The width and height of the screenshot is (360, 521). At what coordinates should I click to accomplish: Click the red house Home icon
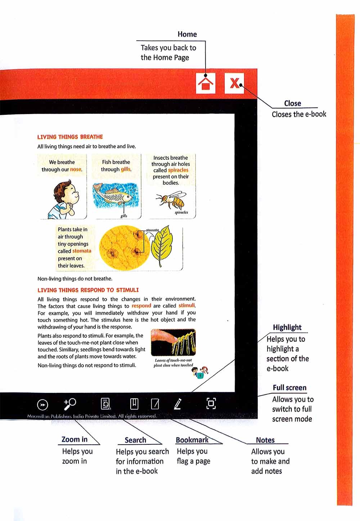206,83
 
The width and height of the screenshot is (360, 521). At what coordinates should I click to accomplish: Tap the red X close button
234,83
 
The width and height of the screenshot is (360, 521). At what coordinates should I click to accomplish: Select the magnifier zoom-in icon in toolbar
69,404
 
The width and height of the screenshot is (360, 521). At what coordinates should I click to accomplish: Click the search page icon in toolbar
105,404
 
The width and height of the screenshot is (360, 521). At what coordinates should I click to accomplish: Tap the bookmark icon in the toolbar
134,404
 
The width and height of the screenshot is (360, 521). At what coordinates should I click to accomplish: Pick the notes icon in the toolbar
155,404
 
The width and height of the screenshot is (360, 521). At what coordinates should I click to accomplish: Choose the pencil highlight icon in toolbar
177,404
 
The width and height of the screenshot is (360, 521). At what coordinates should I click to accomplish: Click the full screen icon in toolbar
211,403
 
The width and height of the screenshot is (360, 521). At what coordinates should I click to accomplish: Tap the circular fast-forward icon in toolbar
42,405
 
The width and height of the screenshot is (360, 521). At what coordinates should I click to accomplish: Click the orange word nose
76,169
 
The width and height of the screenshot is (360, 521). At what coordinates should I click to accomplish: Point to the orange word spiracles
178,170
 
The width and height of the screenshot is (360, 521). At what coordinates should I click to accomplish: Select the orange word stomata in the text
82,251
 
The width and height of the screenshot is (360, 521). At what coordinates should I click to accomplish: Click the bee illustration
172,200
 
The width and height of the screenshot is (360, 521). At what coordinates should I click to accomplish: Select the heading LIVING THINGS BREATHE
70,137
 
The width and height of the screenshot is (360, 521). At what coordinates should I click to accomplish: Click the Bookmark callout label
192,440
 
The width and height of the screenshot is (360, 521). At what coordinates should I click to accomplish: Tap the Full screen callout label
289,388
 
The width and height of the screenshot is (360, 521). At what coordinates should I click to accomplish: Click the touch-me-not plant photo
173,342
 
